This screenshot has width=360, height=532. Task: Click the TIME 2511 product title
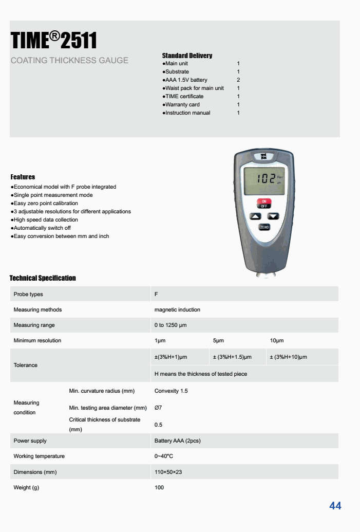click(x=54, y=40)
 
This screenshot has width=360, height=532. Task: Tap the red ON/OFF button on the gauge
click(x=264, y=203)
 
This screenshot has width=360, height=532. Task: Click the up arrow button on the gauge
click(x=255, y=216)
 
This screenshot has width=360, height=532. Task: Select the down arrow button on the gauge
click(x=273, y=216)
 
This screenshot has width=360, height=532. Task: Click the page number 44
click(x=335, y=506)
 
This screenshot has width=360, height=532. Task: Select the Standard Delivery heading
click(x=187, y=56)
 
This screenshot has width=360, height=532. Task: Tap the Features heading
click(x=23, y=177)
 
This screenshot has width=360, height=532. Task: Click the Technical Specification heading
click(x=43, y=278)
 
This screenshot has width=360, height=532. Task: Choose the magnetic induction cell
click(x=177, y=309)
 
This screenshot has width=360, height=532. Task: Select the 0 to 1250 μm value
click(x=173, y=325)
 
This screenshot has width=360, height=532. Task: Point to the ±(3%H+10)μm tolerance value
click(x=289, y=357)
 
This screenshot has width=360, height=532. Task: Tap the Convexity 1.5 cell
click(x=171, y=391)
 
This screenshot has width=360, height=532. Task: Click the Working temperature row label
click(x=39, y=456)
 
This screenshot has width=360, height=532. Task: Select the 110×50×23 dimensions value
click(x=168, y=472)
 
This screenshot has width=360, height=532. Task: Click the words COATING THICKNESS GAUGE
click(x=69, y=61)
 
